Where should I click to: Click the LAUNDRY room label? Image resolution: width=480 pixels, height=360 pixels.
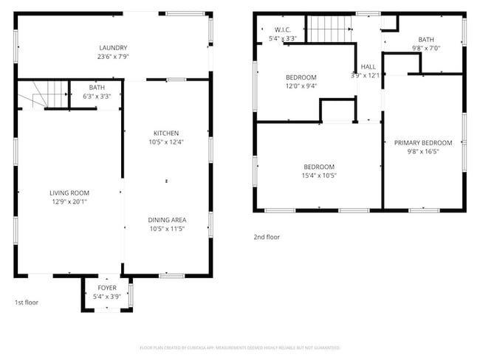[x=113, y=48]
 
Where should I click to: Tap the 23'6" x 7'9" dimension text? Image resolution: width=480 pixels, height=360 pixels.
[x=113, y=56]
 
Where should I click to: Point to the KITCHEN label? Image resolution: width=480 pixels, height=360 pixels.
[x=166, y=133]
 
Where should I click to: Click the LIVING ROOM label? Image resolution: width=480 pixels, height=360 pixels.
[x=69, y=193]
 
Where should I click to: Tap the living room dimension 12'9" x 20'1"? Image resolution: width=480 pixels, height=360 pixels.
[x=69, y=201]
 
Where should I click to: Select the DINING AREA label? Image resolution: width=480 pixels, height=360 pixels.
[x=166, y=220]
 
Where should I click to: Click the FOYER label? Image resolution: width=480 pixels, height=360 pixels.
[x=107, y=288]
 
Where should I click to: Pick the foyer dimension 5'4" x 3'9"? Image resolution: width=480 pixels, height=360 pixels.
[x=107, y=297]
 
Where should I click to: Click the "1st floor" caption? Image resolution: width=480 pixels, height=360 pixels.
[x=27, y=302]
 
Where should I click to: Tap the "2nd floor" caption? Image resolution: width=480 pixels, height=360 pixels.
[x=267, y=237]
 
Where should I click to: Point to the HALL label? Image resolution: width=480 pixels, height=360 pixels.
[x=368, y=66]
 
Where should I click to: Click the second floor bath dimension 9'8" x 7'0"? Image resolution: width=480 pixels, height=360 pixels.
[x=426, y=48]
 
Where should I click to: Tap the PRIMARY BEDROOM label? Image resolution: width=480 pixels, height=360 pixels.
[x=423, y=143]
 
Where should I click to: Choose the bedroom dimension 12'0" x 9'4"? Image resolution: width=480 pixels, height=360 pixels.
[x=301, y=86]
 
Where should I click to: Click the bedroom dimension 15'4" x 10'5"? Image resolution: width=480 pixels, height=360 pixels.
[x=319, y=176]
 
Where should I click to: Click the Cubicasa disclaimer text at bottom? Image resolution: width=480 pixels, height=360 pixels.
[x=240, y=347]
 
